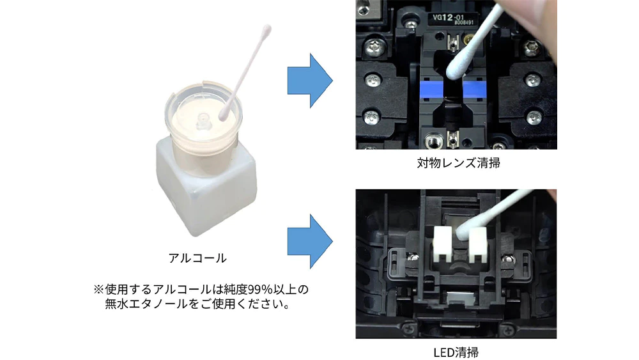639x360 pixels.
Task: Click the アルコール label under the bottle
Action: click(x=197, y=258)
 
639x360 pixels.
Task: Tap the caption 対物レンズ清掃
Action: click(x=458, y=163)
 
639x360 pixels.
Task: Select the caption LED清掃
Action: click(x=456, y=352)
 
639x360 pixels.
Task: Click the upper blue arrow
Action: click(x=310, y=81)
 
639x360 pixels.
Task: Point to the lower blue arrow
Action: click(x=310, y=241)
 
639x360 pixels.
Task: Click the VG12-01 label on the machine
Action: click(x=447, y=17)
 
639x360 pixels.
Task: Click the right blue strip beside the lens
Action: click(x=475, y=90)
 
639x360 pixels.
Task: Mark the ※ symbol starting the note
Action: click(x=99, y=290)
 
